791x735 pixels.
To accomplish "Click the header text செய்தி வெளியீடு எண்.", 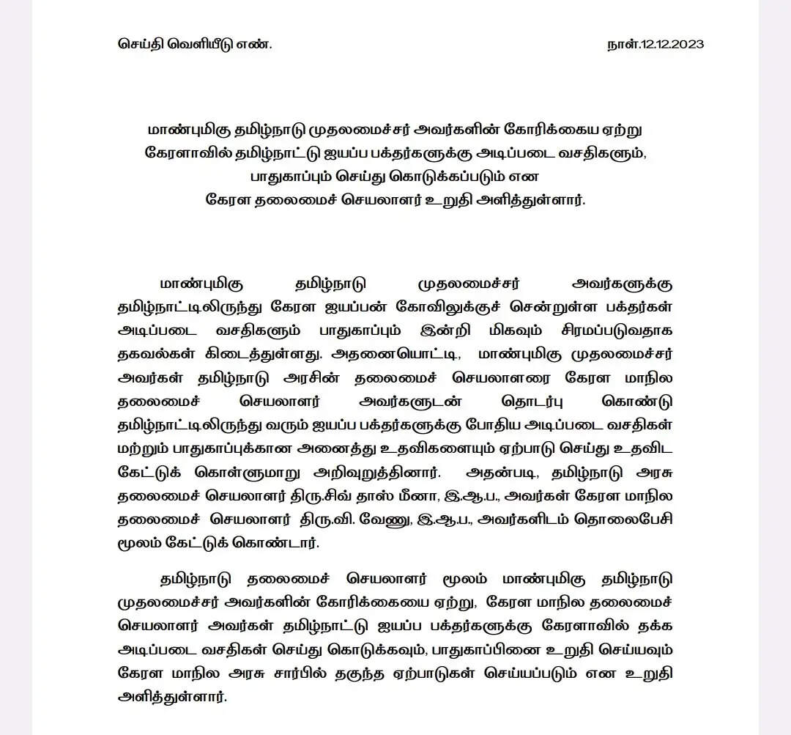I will coord(195,44).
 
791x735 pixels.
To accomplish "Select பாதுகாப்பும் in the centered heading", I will coord(291,177).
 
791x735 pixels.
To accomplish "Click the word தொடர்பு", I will coord(524,401).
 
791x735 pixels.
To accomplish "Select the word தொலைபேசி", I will coord(631,520).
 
